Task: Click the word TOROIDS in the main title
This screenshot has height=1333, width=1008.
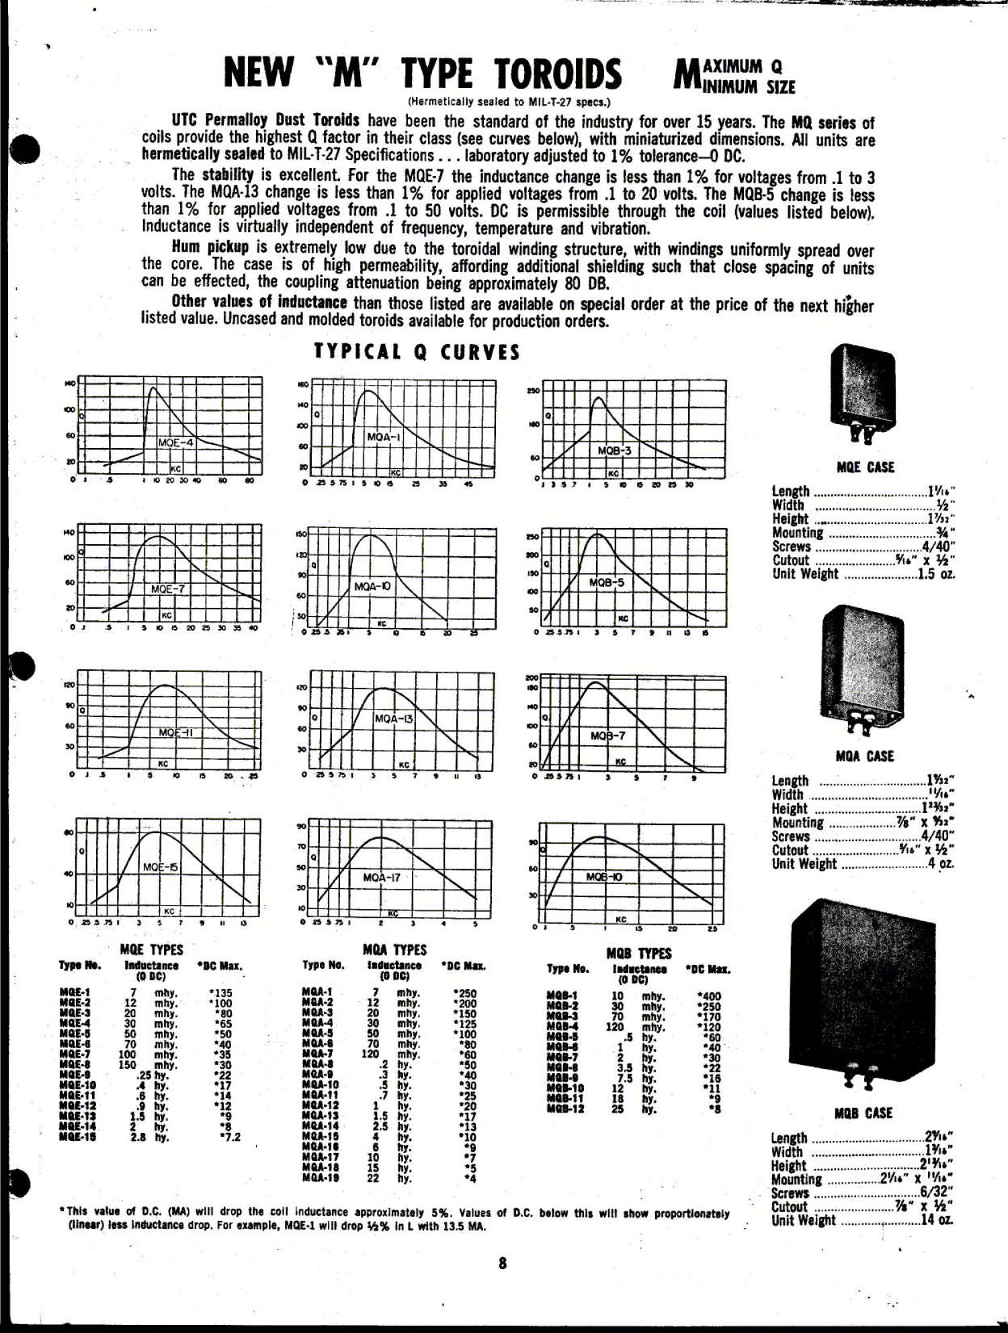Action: point(558,73)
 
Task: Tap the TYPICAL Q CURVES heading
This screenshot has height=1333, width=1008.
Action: point(417,352)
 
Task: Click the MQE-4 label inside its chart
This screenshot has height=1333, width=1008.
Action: point(175,443)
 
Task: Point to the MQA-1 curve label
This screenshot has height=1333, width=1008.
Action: point(384,437)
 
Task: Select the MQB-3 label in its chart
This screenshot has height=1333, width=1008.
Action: point(614,450)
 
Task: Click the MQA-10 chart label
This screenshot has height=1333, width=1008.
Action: point(372,586)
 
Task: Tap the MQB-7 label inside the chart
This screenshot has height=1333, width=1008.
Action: point(607,736)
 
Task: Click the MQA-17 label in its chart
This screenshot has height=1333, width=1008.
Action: point(382,877)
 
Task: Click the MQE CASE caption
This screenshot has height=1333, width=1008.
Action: point(866,468)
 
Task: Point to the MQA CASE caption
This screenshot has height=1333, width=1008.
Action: point(865,757)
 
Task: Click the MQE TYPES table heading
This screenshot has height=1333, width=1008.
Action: point(151,949)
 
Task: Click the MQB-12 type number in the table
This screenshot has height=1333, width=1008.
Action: point(565,1109)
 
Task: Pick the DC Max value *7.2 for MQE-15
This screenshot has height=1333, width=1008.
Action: point(229,1137)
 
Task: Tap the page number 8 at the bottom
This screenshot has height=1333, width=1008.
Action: point(503,1263)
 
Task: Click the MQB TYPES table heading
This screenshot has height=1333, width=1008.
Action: point(638,953)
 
